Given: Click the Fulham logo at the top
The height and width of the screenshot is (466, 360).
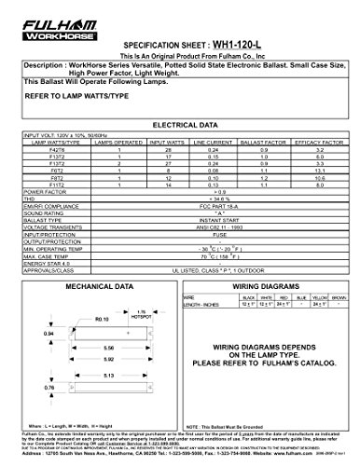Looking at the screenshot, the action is point(38,10).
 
